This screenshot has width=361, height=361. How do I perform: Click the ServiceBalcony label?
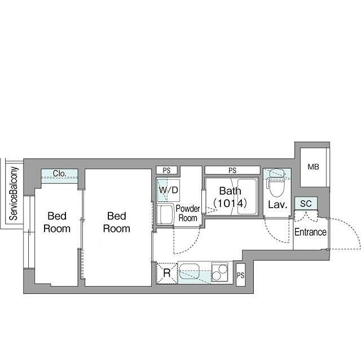click(14, 193)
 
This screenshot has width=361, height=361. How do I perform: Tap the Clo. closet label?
click(59, 174)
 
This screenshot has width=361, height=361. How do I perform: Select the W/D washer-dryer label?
click(168, 190)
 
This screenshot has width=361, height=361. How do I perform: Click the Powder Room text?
click(188, 213)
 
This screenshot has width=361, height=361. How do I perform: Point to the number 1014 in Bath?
click(230, 203)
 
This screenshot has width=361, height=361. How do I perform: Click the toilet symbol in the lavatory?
click(276, 183)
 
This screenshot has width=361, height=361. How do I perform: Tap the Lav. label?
click(278, 205)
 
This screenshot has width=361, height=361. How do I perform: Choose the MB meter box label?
click(314, 167)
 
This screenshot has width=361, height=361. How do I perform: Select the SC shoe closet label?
click(306, 204)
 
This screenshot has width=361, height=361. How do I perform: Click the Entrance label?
click(310, 232)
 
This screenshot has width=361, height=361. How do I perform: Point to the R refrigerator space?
click(167, 273)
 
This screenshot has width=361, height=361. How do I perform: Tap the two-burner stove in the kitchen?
click(219, 272)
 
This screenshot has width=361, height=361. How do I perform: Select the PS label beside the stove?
click(241, 275)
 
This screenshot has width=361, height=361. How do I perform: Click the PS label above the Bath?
click(232, 170)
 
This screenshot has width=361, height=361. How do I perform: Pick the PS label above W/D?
click(166, 170)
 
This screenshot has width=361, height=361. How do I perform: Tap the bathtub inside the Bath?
click(247, 196)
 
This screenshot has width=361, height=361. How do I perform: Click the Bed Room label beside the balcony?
click(57, 222)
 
